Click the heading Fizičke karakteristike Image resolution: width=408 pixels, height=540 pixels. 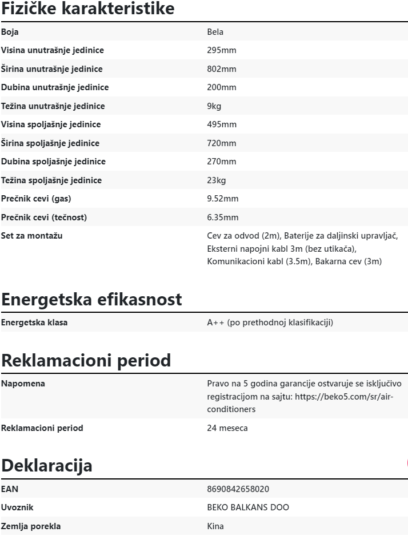87,9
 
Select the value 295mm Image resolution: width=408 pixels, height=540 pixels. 221,50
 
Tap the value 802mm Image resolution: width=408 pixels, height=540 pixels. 221,69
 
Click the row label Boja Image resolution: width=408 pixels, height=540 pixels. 10,32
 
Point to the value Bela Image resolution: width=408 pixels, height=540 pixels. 215,32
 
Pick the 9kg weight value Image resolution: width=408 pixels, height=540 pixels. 214,106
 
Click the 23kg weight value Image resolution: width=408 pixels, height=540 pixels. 216,180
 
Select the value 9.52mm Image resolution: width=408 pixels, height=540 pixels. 222,199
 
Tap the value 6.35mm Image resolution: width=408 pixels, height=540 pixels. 222,217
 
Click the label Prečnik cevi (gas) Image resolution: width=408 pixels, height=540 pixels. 36,199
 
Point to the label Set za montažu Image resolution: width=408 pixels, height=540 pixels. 32,236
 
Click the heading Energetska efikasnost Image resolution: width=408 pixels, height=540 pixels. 91,299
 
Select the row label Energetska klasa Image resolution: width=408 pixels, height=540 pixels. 34,323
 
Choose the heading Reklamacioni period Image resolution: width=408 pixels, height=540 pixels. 86,361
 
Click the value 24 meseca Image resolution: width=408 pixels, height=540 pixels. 227,428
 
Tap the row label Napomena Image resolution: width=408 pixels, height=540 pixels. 23,384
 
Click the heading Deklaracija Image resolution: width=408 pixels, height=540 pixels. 46,465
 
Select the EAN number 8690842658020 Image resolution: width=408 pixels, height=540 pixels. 238,489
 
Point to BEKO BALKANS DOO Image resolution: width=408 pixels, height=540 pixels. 248,507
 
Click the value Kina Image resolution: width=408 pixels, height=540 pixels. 215,526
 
